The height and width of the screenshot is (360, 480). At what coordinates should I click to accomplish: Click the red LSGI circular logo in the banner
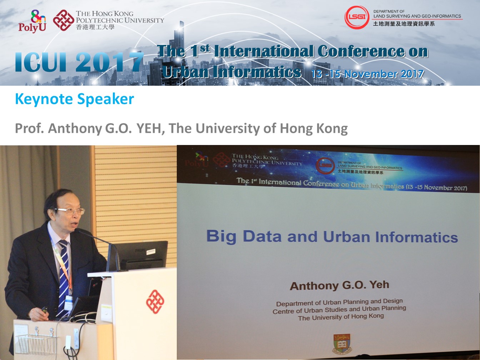coord(357,17)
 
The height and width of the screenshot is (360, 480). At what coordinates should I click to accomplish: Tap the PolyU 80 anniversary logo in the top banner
coord(32,21)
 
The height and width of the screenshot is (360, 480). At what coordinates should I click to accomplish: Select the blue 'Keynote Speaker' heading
coord(74,99)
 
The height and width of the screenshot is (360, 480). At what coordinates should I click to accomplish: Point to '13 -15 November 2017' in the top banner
coord(367,74)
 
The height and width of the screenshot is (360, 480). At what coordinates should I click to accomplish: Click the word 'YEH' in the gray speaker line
coord(150,128)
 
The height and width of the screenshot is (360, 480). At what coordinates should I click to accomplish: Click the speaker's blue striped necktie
coord(64,277)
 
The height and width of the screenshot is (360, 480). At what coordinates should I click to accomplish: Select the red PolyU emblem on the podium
coord(155,302)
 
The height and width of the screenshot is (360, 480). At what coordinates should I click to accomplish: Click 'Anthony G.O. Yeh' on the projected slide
coord(339,285)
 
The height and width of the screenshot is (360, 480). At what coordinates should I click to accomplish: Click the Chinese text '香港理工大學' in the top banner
coord(95,27)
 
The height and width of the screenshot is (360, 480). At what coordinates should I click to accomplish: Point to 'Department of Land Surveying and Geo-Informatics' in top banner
coord(417,14)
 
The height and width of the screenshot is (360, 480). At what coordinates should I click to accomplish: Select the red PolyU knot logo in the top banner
coord(64,20)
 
